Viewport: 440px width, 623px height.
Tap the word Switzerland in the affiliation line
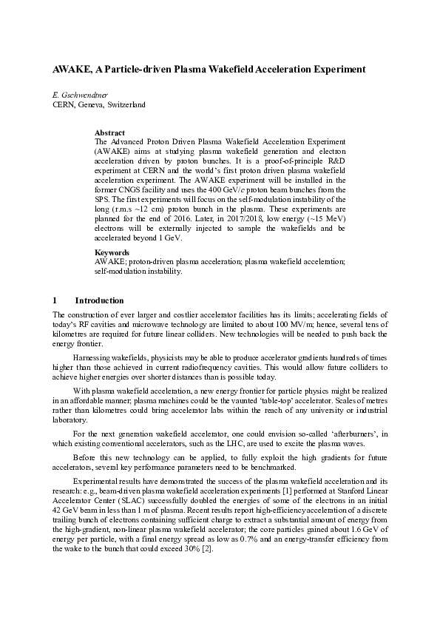point(126,105)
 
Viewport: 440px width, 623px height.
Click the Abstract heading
point(110,132)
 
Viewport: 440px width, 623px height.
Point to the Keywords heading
point(112,252)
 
